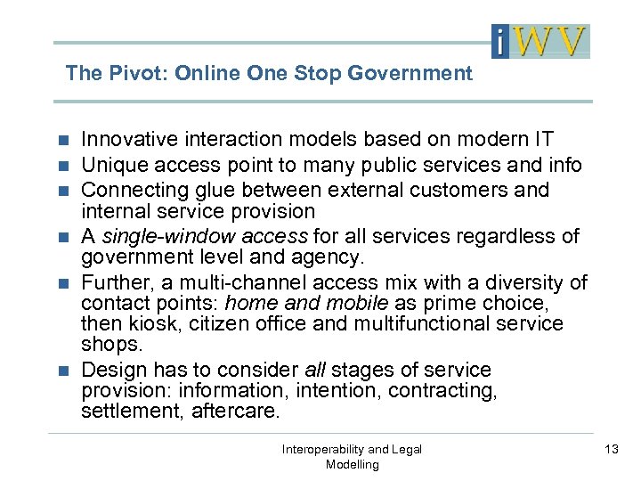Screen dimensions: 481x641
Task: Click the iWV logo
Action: pyautogui.click(x=540, y=41)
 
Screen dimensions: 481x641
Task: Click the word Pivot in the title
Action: pyautogui.click(x=135, y=73)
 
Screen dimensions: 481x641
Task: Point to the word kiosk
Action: pyautogui.click(x=155, y=323)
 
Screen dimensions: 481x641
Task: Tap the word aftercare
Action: pyautogui.click(x=236, y=412)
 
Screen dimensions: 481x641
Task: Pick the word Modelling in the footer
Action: pyautogui.click(x=352, y=464)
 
